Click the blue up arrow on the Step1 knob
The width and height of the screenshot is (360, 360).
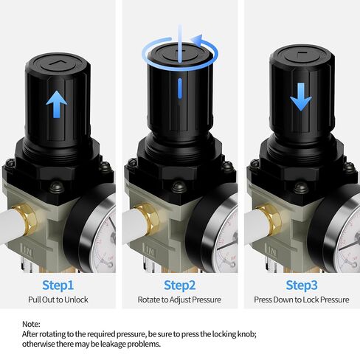click(57, 104)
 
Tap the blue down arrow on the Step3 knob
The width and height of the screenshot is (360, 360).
click(301, 97)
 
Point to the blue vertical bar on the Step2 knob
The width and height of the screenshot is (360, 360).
click(180, 89)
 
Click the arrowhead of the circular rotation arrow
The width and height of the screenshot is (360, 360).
click(197, 40)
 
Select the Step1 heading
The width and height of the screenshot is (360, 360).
click(58, 285)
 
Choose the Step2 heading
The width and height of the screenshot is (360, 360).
click(180, 285)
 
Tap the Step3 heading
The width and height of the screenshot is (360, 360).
click(302, 285)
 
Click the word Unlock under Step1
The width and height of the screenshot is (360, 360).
click(76, 300)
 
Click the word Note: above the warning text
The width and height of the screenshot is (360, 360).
click(31, 324)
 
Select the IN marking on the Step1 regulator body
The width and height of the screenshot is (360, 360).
click(27, 251)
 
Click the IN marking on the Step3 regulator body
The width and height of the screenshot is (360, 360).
click(271, 251)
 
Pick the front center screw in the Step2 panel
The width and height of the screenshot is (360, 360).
click(179, 187)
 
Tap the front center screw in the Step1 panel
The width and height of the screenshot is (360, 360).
click(57, 187)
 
